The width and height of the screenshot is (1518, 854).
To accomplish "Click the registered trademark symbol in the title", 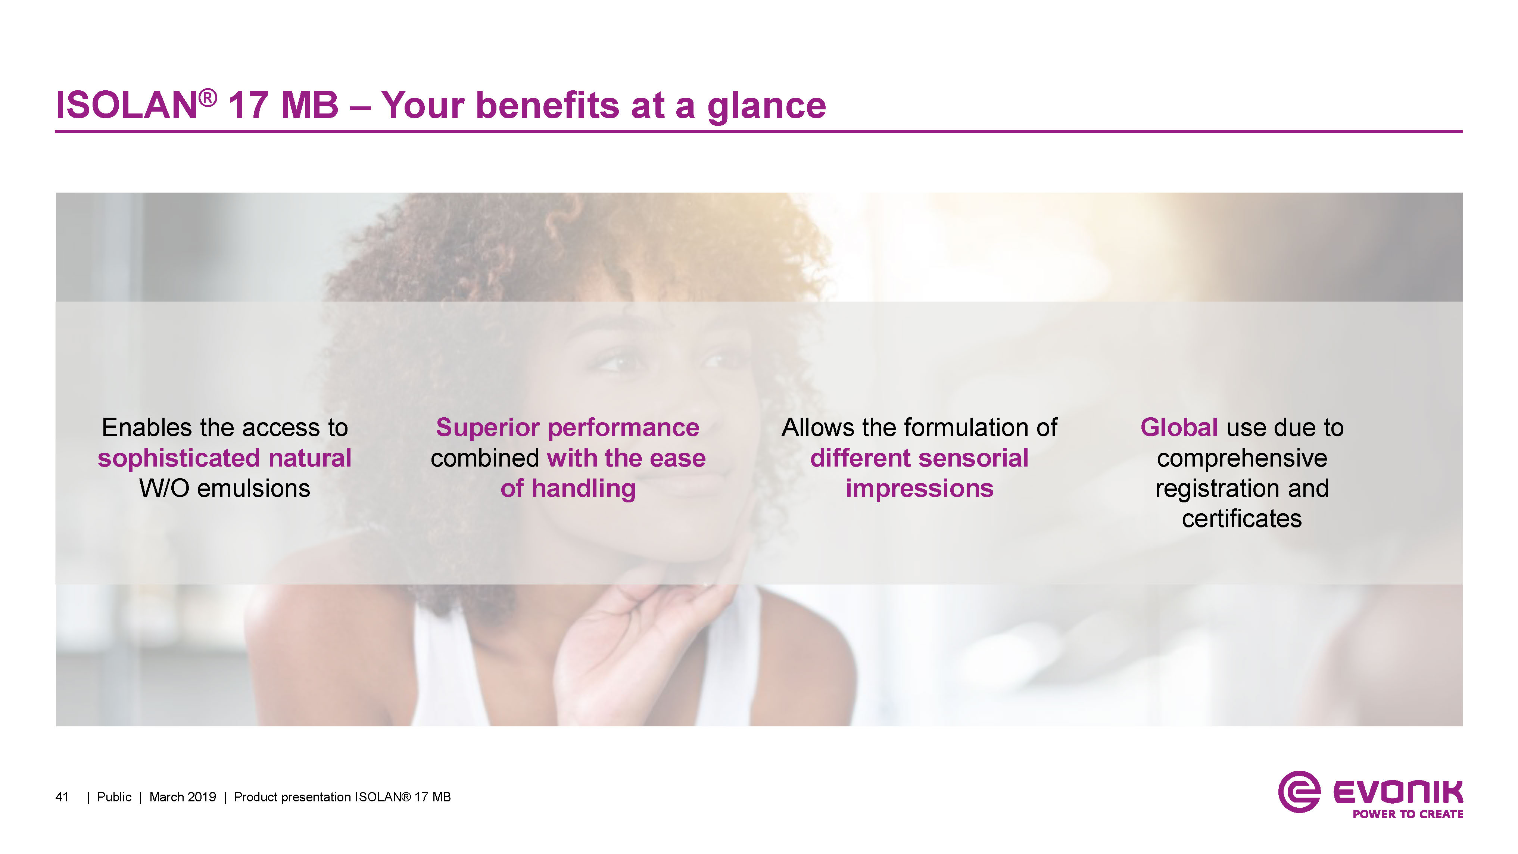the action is pos(208,97).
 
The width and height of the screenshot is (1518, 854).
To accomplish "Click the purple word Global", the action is pos(1179,427).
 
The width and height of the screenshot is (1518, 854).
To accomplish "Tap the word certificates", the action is pos(1242,519).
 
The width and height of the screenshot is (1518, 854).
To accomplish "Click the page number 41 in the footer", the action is pos(62,797).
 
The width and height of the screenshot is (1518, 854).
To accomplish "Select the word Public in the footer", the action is pos(114,797).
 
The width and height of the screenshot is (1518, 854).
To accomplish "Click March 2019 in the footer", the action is pos(183,797).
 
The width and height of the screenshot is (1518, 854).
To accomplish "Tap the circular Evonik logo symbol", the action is pos(1299,792).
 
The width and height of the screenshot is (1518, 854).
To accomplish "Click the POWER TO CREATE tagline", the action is pos(1408,814).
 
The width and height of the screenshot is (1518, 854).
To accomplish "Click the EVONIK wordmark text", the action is pos(1398,792).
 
